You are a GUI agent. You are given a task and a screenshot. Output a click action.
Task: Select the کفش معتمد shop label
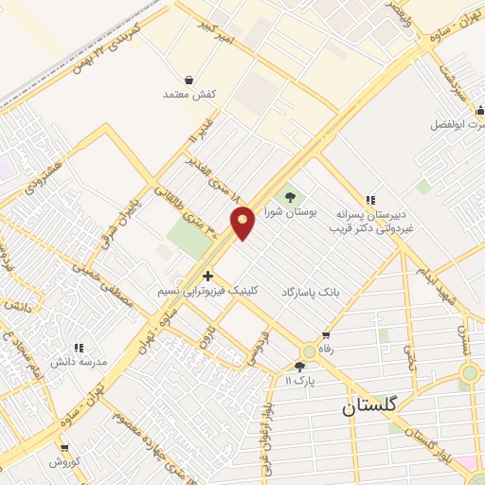[x=190, y=96]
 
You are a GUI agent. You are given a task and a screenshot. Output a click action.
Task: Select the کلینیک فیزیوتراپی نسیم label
[x=207, y=292]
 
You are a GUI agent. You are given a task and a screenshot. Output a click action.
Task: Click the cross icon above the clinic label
[x=208, y=276]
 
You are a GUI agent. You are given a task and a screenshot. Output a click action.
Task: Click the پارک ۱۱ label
[x=299, y=380]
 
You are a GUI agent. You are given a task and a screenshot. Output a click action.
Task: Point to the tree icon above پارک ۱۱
[x=300, y=366]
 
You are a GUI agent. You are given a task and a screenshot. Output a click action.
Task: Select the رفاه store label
[x=327, y=350]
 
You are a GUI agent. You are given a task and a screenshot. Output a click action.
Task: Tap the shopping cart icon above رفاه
[x=327, y=335]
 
